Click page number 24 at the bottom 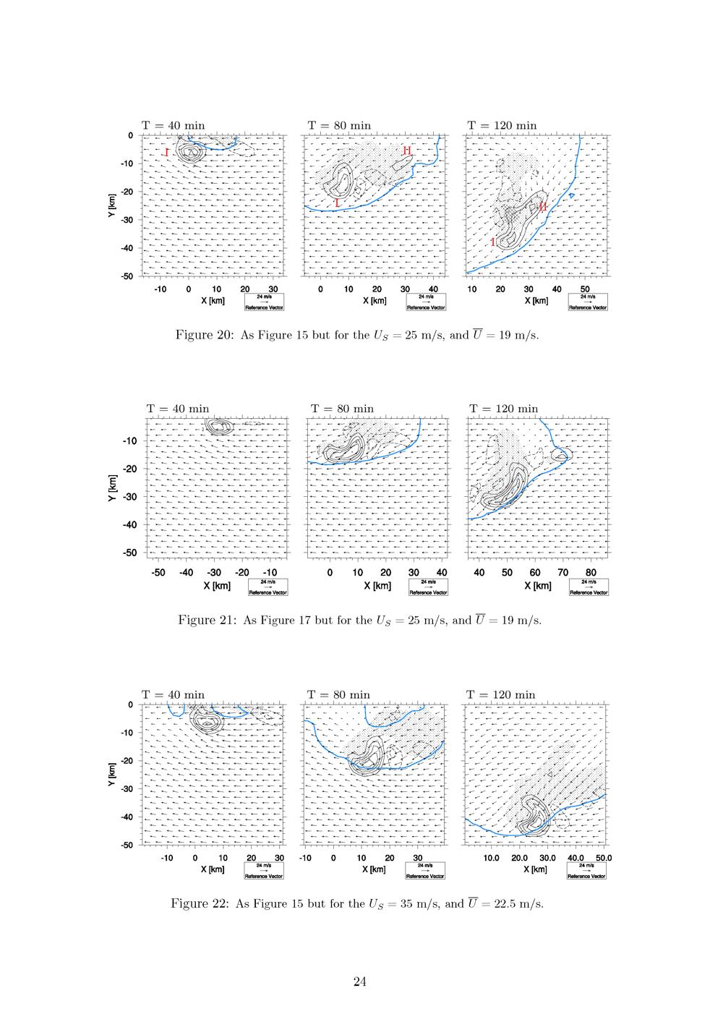(361, 981)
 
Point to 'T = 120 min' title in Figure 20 (502, 125)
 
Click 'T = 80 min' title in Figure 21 (342, 409)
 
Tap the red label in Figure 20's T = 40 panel (167, 153)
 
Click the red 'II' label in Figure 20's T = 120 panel (542, 207)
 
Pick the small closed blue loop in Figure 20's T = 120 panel (571, 195)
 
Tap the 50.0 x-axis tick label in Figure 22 (604, 858)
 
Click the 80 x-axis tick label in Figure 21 (591, 573)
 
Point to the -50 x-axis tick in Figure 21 (158, 573)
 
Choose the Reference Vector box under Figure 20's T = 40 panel (265, 302)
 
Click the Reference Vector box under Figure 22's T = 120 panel (586, 870)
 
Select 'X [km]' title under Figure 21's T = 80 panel (377, 586)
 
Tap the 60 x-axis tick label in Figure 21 (535, 573)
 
